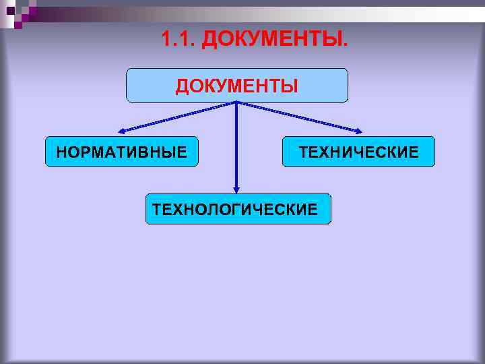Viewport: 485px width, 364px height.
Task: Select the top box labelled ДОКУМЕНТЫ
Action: point(237,86)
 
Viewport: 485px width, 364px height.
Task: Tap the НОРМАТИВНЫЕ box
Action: point(122,152)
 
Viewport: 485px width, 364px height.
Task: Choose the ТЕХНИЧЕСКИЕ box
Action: point(358,152)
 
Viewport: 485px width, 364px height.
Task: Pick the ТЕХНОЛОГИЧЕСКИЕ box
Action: point(238,209)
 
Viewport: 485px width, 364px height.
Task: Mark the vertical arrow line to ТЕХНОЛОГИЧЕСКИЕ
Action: point(236,145)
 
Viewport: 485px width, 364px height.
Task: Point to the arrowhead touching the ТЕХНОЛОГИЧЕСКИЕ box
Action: point(236,189)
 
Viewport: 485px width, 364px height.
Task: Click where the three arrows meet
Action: point(236,102)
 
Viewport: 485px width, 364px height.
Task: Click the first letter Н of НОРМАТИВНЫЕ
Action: point(62,152)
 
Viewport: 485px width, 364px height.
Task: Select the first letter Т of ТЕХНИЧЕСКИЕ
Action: point(304,152)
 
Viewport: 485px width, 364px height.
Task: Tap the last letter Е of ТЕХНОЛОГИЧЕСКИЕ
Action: point(313,210)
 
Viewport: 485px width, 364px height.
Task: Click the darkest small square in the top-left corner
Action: point(11,10)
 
